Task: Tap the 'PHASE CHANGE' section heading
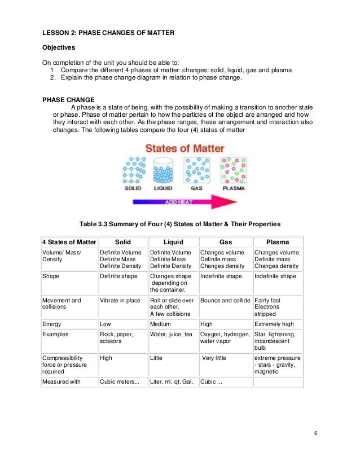pyautogui.click(x=68, y=99)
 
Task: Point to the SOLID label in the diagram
pyautogui.click(x=133, y=188)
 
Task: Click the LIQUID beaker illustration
pyautogui.click(x=163, y=171)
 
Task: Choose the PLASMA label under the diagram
pyautogui.click(x=233, y=188)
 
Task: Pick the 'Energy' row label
pyautogui.click(x=52, y=324)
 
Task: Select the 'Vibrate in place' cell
pyautogui.click(x=120, y=301)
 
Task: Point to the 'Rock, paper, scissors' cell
pyautogui.click(x=116, y=338)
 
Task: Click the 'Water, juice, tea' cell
pyautogui.click(x=171, y=335)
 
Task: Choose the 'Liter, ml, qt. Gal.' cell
pyautogui.click(x=172, y=382)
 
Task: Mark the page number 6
pyautogui.click(x=315, y=433)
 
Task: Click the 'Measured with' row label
pyautogui.click(x=62, y=382)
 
